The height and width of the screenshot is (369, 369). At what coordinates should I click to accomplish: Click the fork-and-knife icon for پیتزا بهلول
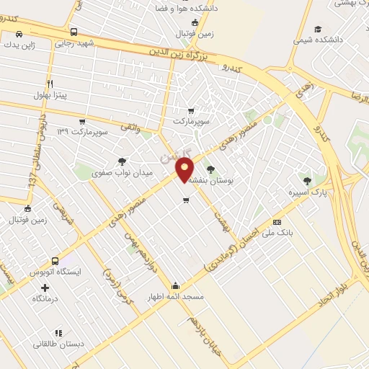(x=50, y=84)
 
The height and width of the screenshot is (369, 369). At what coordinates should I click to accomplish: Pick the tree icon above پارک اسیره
(x=308, y=181)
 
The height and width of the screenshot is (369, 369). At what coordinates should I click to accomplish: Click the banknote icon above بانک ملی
(x=277, y=222)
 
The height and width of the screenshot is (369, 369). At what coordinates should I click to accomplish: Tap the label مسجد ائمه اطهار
(x=177, y=296)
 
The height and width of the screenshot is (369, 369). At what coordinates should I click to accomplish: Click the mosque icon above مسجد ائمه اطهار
(x=177, y=285)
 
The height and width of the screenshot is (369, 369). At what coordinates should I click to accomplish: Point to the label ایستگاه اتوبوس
(x=55, y=272)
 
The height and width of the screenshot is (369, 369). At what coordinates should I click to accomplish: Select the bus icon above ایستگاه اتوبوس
(x=55, y=262)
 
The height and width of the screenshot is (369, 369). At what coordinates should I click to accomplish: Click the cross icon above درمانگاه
(x=45, y=288)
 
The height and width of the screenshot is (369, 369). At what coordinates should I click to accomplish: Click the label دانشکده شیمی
(x=318, y=40)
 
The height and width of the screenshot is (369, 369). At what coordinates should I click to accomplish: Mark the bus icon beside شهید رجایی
(x=74, y=32)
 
